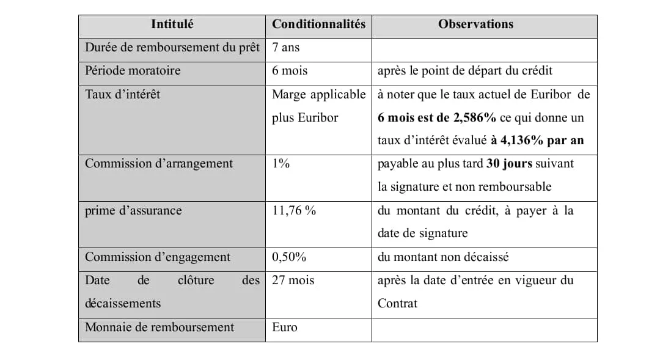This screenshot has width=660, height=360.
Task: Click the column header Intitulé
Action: coord(172,24)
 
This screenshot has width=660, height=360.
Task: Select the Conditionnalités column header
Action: coord(318,24)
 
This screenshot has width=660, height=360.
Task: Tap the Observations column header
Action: coord(475,24)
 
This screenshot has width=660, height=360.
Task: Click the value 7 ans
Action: coord(285,47)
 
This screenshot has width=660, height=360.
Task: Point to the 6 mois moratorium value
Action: coord(290,71)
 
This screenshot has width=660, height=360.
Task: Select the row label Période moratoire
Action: coord(133,71)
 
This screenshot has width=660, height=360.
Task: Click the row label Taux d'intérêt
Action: coord(122,94)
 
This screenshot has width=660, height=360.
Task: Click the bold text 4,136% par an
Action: coord(537,141)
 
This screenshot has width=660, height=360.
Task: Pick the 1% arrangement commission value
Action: coord(280,164)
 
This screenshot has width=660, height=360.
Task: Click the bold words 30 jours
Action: coord(510,164)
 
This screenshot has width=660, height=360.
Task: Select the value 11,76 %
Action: coord(294,211)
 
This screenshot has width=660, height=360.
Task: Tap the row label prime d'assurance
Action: coord(133,211)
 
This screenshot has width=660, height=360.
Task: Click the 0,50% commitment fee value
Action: coord(289,257)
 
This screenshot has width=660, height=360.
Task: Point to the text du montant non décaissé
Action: coord(443,257)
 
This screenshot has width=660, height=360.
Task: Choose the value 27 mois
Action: coord(293,281)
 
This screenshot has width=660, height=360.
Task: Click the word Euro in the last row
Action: coord(285,328)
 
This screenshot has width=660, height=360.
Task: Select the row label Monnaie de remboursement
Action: coord(159,328)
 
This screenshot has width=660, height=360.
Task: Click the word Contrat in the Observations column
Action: coord(397,304)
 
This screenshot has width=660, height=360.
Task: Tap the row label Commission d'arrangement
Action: coord(158,164)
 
